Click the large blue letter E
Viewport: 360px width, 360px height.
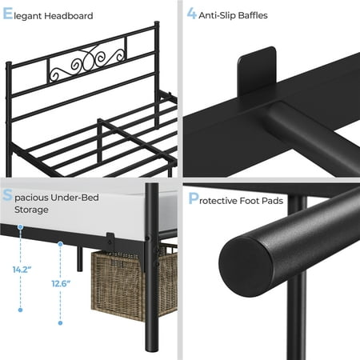coord(7,14)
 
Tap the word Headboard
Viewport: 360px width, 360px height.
coord(69,16)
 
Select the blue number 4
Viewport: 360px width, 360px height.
coord(191,13)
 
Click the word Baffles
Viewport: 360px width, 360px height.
coord(253,15)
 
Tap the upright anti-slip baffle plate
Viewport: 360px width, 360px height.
coord(257,71)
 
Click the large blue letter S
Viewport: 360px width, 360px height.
coord(7,195)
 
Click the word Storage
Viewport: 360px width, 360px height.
coord(31,210)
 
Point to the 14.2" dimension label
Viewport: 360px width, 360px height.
coord(22,270)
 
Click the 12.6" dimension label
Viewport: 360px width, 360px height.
coord(61,283)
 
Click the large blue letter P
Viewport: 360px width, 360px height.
coord(194,198)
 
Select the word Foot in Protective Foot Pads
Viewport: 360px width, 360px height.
coord(250,201)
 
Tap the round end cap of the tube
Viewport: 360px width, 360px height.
coord(246,267)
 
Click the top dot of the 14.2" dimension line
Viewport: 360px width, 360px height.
coord(20,227)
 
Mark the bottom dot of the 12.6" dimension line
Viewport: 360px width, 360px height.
coord(60,323)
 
